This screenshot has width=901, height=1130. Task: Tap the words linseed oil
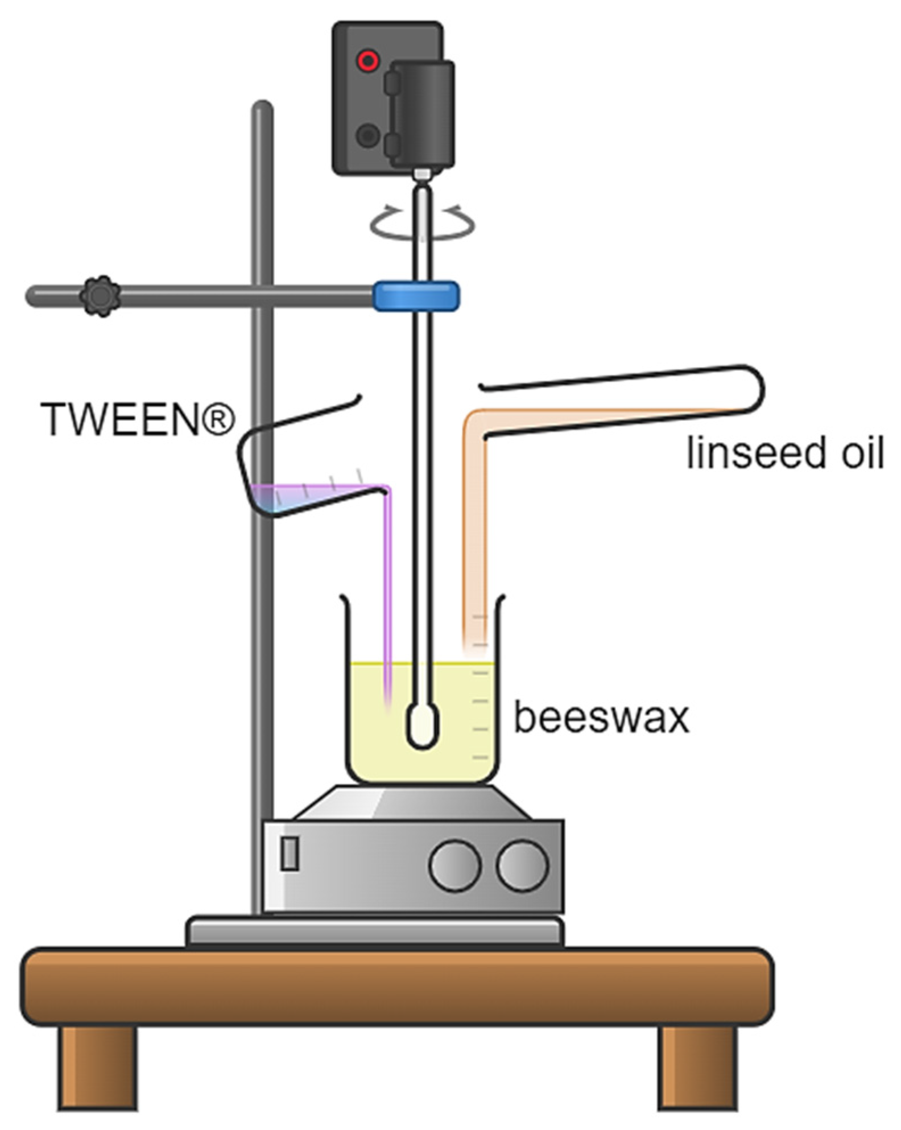(x=785, y=453)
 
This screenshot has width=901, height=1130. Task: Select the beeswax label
(x=601, y=717)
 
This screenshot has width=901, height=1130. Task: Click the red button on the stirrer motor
(x=367, y=60)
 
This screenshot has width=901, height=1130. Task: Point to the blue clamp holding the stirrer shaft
(x=416, y=296)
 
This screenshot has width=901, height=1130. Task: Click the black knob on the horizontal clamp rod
(x=100, y=296)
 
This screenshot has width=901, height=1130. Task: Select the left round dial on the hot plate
(x=455, y=865)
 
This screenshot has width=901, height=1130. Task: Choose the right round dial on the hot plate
(x=522, y=865)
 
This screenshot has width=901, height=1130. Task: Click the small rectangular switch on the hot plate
(x=290, y=853)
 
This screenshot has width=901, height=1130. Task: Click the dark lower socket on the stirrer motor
(x=367, y=136)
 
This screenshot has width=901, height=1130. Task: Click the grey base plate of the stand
(x=375, y=931)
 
